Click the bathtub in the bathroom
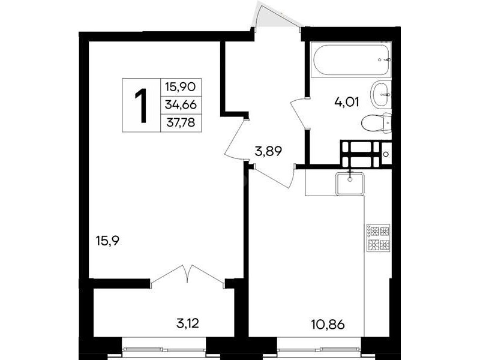tap(351, 59)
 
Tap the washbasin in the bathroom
tap(381, 95)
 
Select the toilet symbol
tap(377, 123)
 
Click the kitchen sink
tap(350, 184)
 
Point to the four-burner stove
tap(379, 238)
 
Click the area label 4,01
tap(347, 102)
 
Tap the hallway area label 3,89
tap(268, 151)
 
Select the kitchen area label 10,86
tap(328, 324)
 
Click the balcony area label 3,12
tap(188, 323)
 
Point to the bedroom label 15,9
tap(107, 241)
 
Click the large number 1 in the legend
tap(142, 106)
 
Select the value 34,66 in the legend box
tap(181, 105)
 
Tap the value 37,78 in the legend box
tap(181, 123)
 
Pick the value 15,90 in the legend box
tap(181, 87)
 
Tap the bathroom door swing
tap(298, 113)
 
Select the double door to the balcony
tap(187, 275)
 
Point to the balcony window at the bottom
tap(164, 349)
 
